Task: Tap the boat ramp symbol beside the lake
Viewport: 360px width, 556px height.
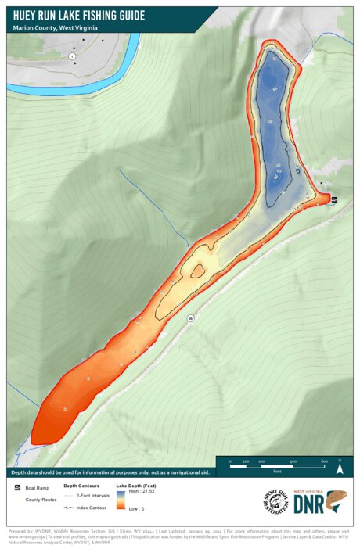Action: [x=334, y=199]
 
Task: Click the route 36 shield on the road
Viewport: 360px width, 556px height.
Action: [x=190, y=317]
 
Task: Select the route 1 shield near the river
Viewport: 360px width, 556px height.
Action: [x=72, y=56]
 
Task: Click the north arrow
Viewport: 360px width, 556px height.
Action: [x=340, y=468]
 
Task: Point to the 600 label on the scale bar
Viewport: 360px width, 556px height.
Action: [x=324, y=461]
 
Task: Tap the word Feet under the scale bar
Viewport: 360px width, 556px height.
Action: [x=277, y=472]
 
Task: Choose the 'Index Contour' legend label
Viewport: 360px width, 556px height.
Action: [x=91, y=508]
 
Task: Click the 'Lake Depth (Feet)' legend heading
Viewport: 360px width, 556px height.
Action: [x=139, y=486]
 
